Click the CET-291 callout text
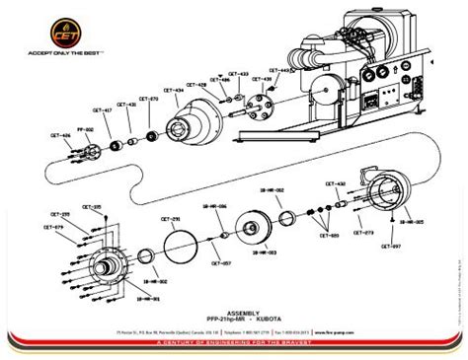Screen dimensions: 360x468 tap(169, 218)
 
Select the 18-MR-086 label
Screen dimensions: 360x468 tap(215, 205)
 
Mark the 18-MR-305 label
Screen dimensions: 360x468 tap(413, 223)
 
